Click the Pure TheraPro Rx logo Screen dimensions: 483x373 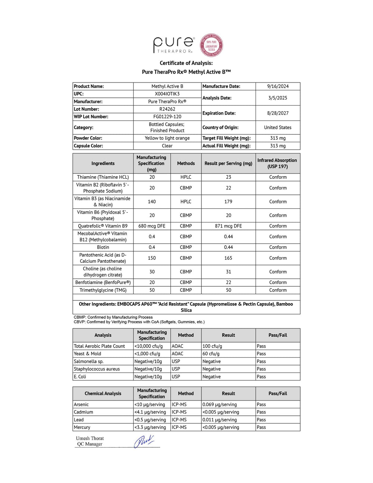[174, 45]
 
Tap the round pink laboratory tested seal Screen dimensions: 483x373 [211, 45]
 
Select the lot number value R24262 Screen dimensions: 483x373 [167, 109]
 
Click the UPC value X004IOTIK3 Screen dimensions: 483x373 [167, 94]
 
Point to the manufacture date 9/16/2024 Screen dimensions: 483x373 [278, 86]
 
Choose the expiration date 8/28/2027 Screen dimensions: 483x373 [278, 113]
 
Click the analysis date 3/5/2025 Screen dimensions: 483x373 [278, 98]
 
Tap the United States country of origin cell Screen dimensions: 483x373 [278, 127]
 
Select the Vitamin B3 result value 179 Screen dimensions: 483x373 [228, 202]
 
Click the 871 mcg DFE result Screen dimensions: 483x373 [228, 226]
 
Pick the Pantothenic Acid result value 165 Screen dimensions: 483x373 [228, 258]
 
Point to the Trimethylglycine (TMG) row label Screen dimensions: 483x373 [103, 290]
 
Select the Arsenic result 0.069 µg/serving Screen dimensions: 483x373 [219, 404]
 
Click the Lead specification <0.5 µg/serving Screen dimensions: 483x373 [150, 420]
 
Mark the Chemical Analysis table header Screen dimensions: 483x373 [103, 393]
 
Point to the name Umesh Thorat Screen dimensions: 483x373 [90, 438]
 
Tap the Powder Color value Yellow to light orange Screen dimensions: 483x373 [167, 138]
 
